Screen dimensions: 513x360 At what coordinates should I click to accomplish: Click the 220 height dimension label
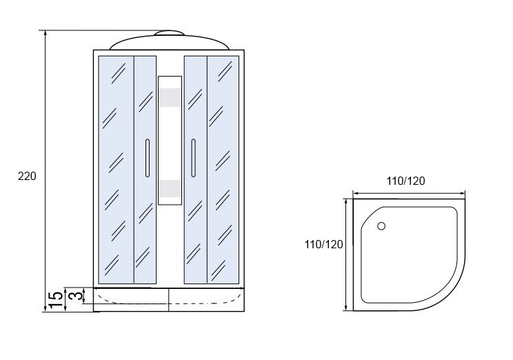[x=27, y=177]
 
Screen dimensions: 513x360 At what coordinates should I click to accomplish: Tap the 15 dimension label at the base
[x=56, y=299]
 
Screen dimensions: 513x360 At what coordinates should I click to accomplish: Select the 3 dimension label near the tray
[x=75, y=296]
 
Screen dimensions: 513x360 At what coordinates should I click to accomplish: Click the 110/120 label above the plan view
[x=405, y=181]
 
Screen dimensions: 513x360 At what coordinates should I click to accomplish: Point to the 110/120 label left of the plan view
[x=324, y=244]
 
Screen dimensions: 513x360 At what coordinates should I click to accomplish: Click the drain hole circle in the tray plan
[x=381, y=226]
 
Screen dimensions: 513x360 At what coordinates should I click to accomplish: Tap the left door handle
[x=148, y=158]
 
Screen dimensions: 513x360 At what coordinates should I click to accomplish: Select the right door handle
[x=193, y=158]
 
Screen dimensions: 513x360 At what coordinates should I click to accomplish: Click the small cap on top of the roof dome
[x=169, y=33]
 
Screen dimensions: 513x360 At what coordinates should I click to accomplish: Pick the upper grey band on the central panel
[x=170, y=97]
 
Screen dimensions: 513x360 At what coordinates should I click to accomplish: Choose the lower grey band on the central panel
[x=170, y=189]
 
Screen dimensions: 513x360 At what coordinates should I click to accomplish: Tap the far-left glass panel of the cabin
[x=116, y=170]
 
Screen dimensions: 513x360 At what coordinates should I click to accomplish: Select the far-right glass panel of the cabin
[x=223, y=170]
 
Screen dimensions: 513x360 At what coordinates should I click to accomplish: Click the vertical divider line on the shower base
[x=168, y=300]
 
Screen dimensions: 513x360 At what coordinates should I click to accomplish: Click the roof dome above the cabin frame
[x=169, y=42]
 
